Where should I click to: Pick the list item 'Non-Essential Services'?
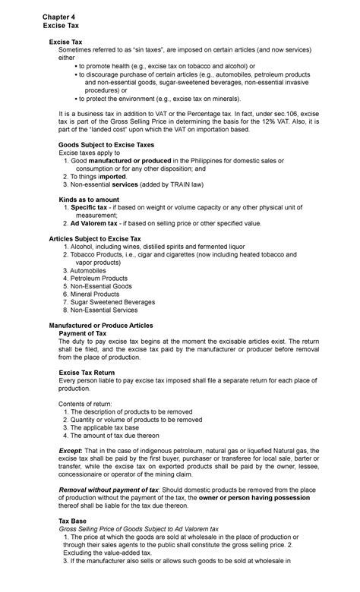point(109,310)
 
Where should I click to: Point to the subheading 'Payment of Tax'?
point(87,332)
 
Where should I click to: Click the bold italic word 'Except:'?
point(72,451)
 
